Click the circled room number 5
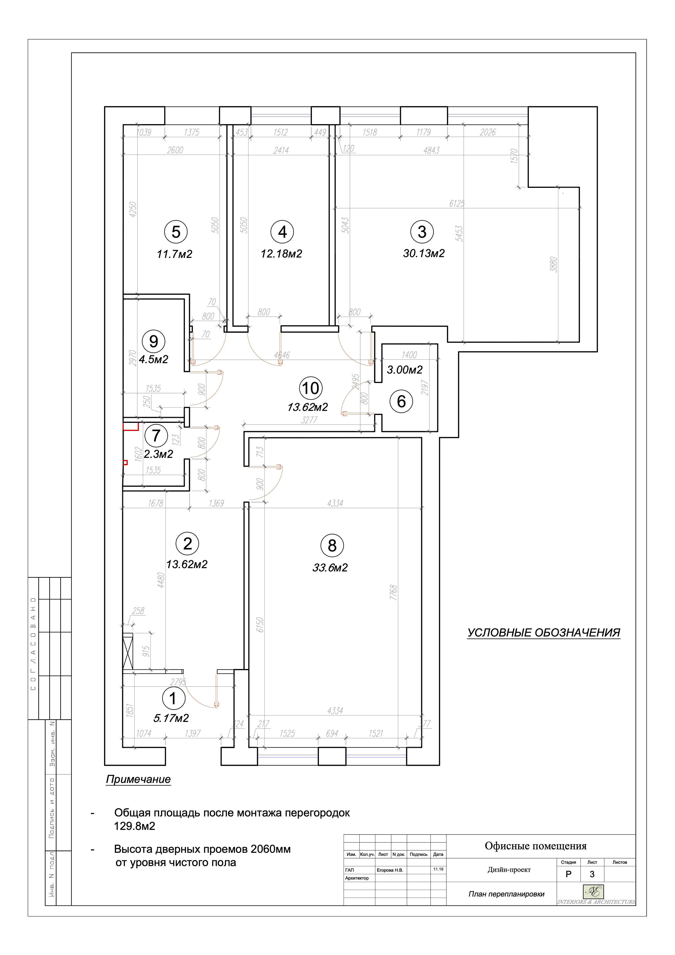[176, 232]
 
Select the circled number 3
[422, 232]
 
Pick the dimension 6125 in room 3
[457, 203]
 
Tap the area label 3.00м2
[405, 370]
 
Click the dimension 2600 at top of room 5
[175, 150]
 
